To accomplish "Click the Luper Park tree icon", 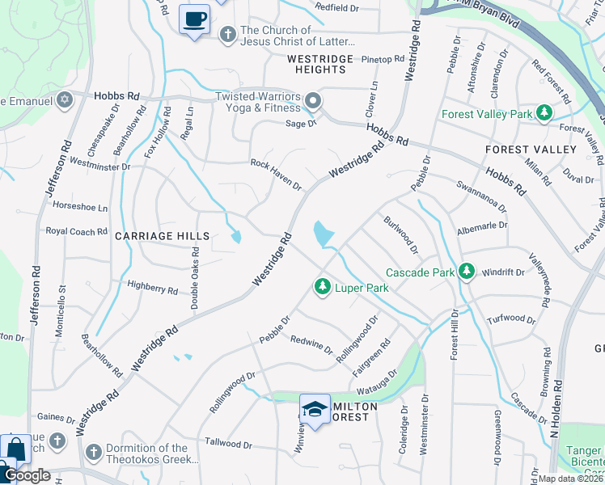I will point(323,287).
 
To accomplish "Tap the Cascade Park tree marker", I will point(466,272).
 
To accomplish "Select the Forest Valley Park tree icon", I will point(545,113).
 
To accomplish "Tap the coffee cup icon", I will point(194,19).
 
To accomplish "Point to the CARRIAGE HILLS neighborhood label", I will point(162,236).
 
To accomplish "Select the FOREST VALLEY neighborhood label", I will point(531,150).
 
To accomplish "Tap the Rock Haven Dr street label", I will point(275,174).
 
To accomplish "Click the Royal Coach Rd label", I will point(76,231).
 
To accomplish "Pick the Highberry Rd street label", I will point(152,287).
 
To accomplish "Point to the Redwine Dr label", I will point(311,345).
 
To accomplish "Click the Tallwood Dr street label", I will point(229,444).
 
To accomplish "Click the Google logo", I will point(26,475).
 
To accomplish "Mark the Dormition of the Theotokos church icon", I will point(93,450).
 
